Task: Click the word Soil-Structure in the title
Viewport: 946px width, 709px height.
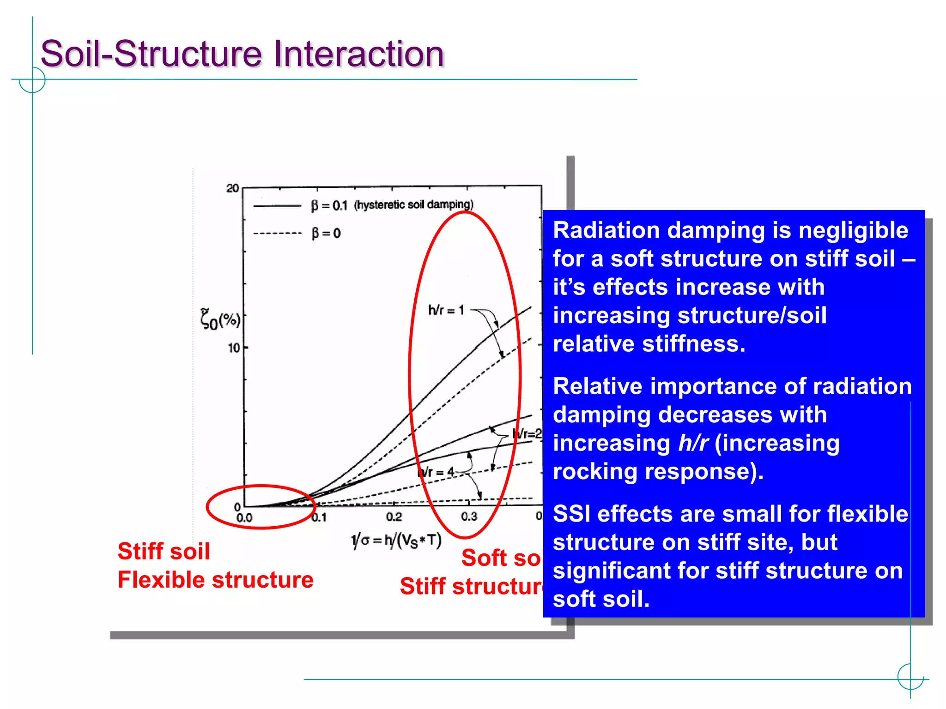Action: click(152, 54)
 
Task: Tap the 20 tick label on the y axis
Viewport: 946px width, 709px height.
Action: click(232, 188)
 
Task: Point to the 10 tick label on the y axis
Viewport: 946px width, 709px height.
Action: click(234, 348)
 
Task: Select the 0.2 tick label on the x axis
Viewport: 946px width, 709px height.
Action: click(394, 517)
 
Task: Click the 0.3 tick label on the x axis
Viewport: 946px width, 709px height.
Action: click(469, 517)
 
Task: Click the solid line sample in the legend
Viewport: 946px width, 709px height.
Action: click(277, 206)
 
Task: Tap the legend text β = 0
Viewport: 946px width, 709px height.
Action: click(326, 234)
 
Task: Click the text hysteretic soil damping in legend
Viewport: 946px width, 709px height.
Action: click(413, 204)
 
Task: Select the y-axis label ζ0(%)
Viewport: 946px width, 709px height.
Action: click(220, 319)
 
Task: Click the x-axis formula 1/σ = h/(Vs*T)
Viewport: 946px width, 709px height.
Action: click(396, 541)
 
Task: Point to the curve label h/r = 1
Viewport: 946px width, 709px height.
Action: click(446, 310)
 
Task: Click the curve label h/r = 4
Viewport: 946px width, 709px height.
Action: click(437, 472)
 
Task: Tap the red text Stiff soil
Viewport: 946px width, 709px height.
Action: click(164, 552)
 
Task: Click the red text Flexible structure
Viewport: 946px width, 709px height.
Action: click(215, 580)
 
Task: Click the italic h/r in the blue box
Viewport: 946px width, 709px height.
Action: click(693, 444)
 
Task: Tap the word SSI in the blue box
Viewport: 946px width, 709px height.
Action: click(571, 514)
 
